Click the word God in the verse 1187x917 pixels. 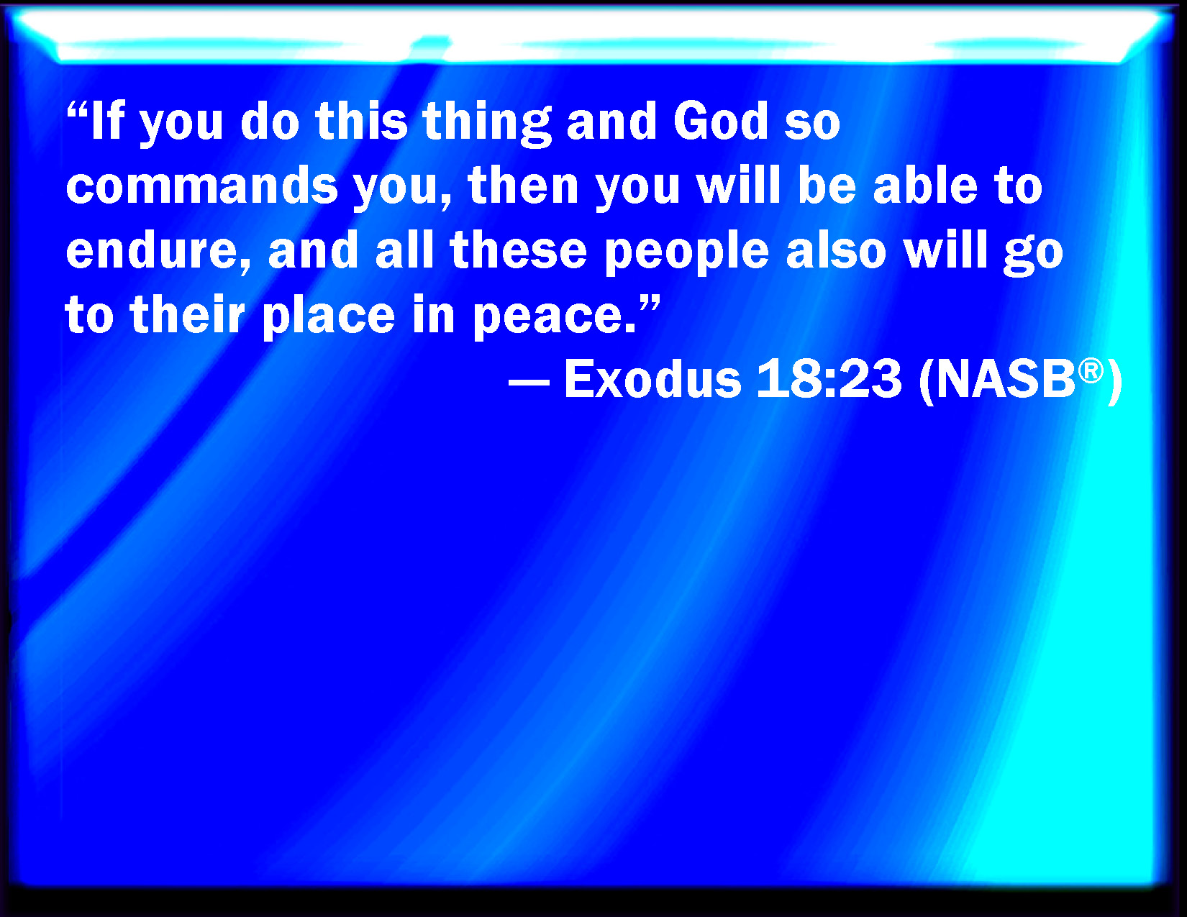point(721,121)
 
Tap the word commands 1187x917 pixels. point(202,186)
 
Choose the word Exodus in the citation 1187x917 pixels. point(652,379)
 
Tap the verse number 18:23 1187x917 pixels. point(829,379)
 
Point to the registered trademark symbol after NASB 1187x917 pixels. point(1091,371)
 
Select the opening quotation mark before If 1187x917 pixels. point(78,110)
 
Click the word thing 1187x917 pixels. point(486,124)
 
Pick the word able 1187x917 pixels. point(925,186)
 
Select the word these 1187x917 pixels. point(519,250)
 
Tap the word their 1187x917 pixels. point(187,314)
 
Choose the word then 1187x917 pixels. point(523,186)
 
